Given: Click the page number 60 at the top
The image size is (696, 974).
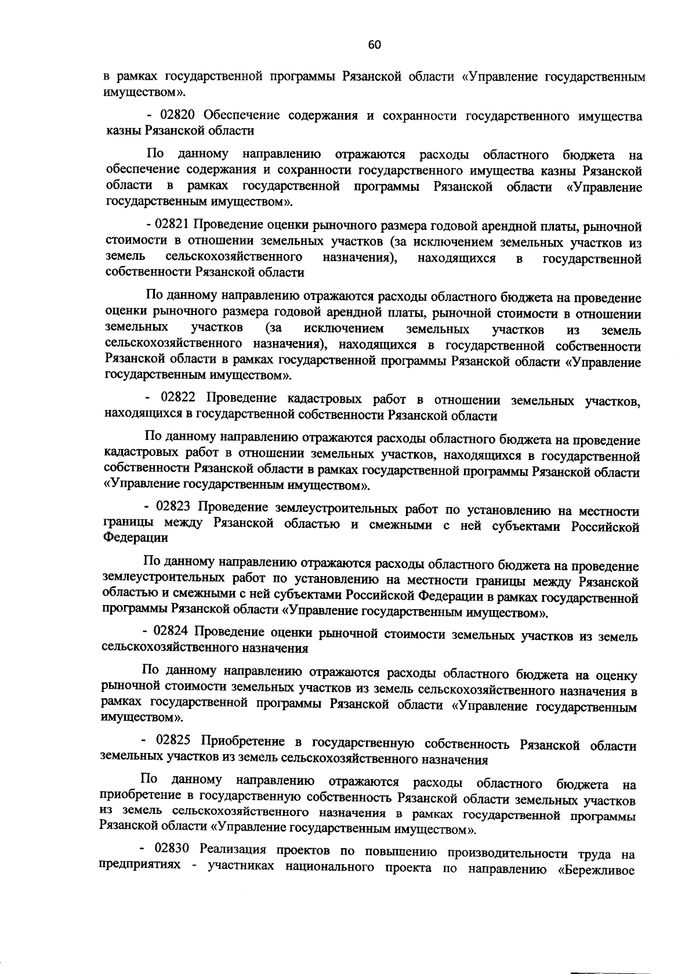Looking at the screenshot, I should pos(374,45).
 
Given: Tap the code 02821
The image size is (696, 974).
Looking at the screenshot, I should pos(173,226).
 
